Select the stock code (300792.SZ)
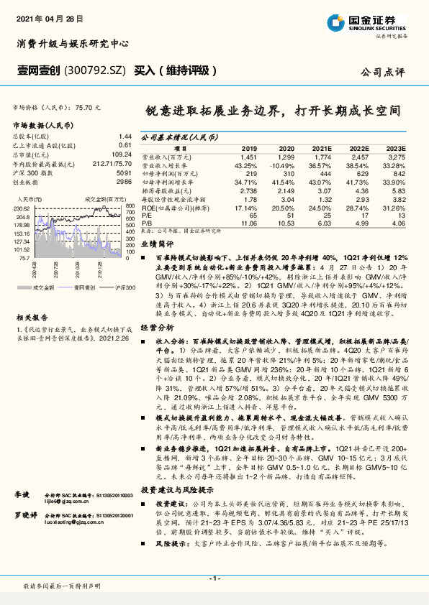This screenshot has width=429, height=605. pyautogui.click(x=96, y=70)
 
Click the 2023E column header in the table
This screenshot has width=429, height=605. pyautogui.click(x=398, y=147)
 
